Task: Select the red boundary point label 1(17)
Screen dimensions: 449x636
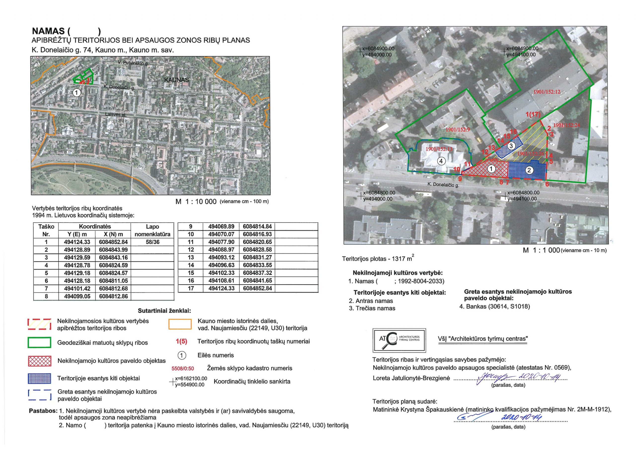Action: pos(533,115)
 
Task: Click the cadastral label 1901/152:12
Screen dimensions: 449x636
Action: pos(547,92)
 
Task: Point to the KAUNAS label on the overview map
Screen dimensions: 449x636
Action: pos(176,80)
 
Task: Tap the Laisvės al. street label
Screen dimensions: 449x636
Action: pos(115,114)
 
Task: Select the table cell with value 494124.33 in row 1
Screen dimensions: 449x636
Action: pos(77,242)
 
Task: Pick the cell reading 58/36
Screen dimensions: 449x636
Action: pos(152,242)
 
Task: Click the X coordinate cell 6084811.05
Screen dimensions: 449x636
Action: pos(113,281)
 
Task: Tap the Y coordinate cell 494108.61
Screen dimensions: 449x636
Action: pos(221,281)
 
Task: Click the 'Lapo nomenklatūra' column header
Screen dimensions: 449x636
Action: pos(152,230)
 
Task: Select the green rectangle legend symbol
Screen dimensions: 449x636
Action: pos(39,343)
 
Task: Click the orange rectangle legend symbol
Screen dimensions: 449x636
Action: pos(180,324)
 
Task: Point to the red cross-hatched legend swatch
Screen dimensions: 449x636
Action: pos(39,361)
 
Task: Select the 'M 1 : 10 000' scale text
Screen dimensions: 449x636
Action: pos(196,202)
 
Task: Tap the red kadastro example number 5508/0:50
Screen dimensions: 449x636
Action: pos(183,368)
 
